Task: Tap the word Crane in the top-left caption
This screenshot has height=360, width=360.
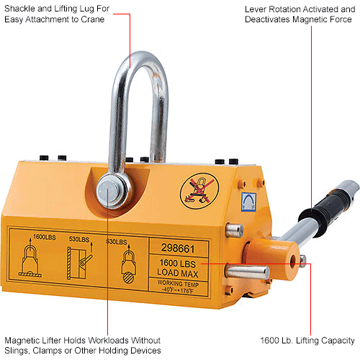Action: pos(105,19)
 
